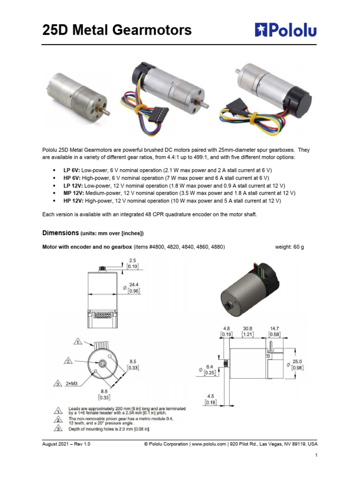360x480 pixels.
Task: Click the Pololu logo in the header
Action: [285, 30]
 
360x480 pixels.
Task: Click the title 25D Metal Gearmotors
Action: [117, 30]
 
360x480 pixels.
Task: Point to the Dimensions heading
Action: [60, 232]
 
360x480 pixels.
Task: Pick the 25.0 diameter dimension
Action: [297, 361]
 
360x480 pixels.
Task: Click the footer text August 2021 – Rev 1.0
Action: [66, 444]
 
